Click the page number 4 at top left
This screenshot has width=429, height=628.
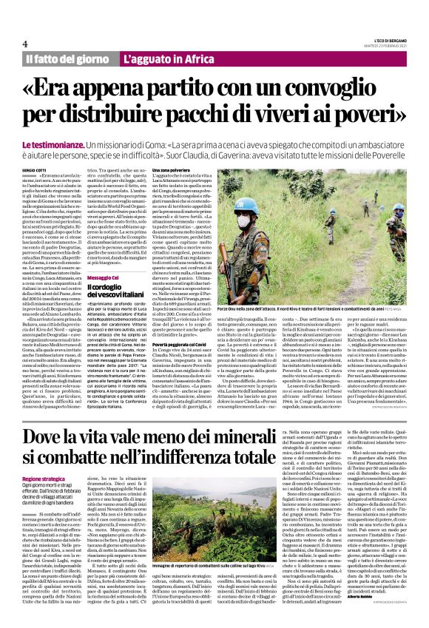[x=25, y=42]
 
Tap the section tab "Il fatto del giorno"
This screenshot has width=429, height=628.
[x=68, y=58]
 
